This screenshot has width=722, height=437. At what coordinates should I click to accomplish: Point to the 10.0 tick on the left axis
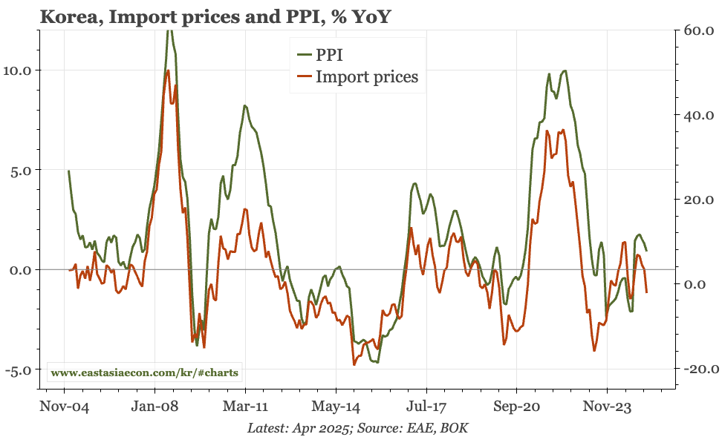[x=19, y=70]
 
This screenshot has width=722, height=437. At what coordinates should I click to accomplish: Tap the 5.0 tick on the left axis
[x=22, y=170]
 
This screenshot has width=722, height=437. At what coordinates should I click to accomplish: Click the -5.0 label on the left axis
[x=20, y=369]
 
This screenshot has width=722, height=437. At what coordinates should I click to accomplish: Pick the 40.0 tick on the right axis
[x=696, y=115]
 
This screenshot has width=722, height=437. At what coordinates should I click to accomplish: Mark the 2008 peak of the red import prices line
[x=169, y=70]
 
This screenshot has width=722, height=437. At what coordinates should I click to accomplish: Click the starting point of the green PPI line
[x=69, y=171]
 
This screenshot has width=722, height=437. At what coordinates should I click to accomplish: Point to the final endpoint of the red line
[x=647, y=292]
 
